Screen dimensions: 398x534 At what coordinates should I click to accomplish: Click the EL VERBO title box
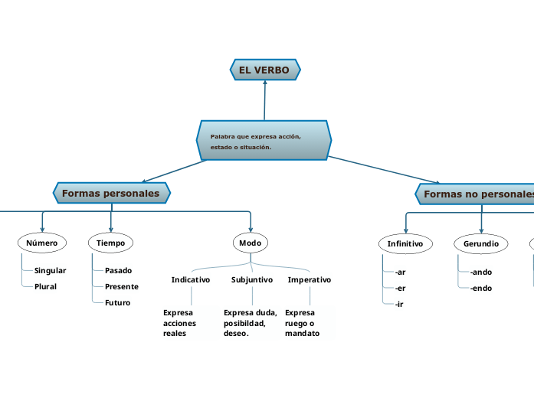[265, 70]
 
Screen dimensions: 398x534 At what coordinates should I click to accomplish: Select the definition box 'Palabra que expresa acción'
[264, 141]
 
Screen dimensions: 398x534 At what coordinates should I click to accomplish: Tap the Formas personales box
[111, 194]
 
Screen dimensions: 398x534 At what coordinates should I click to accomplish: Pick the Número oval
[41, 243]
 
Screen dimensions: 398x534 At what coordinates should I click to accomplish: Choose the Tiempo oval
[111, 243]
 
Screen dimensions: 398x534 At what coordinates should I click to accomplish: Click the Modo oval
[251, 243]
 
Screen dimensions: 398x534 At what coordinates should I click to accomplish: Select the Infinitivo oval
[405, 243]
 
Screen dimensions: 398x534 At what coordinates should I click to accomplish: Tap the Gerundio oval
[481, 243]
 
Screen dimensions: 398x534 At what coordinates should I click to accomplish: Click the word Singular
[50, 270]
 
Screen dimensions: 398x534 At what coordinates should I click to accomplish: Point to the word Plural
[45, 286]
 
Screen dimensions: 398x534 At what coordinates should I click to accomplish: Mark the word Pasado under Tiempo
[118, 270]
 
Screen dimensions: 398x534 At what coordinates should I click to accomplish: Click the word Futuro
[117, 302]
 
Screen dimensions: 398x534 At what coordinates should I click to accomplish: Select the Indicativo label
[191, 279]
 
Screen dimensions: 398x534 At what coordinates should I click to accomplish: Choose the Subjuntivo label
[252, 279]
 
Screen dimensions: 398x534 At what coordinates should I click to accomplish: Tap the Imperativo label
[310, 279]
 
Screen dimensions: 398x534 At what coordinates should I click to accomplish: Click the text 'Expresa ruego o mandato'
[302, 323]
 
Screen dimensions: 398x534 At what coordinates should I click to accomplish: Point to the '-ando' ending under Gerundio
[481, 272]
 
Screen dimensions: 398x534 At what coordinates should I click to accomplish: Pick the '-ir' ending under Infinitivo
[399, 304]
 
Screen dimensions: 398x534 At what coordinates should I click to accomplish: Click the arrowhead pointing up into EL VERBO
[264, 82]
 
